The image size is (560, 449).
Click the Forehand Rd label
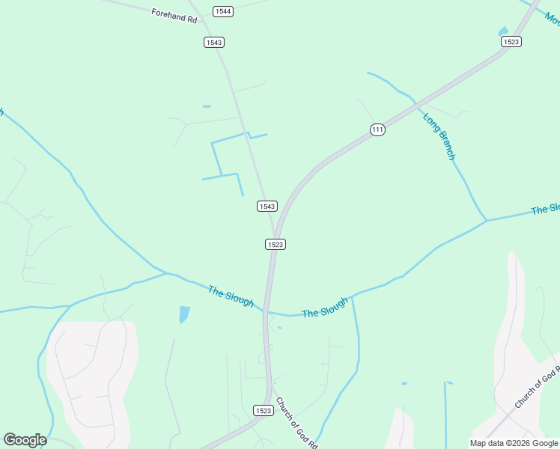pyautogui.click(x=174, y=14)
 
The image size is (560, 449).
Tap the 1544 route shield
pyautogui.click(x=222, y=11)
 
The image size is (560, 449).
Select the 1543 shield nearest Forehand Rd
pyautogui.click(x=214, y=42)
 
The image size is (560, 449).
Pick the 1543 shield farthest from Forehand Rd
pyautogui.click(x=267, y=206)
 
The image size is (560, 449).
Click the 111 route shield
pyautogui.click(x=377, y=129)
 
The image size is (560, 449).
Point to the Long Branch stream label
pyautogui.click(x=439, y=135)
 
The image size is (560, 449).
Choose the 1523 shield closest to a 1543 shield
pyautogui.click(x=276, y=244)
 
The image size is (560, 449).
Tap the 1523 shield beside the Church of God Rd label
pyautogui.click(x=263, y=410)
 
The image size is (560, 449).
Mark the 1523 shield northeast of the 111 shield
pyautogui.click(x=511, y=42)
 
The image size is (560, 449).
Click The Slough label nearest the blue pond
pyautogui.click(x=231, y=296)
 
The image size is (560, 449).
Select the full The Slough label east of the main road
pyautogui.click(x=325, y=307)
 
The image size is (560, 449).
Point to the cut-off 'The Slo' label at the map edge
pyautogui.click(x=545, y=210)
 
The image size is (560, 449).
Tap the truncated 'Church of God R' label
pyautogui.click(x=537, y=388)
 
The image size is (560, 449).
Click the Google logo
pyautogui.click(x=25, y=440)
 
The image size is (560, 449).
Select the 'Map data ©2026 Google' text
pyautogui.click(x=514, y=443)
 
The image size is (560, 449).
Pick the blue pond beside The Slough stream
pyautogui.click(x=184, y=314)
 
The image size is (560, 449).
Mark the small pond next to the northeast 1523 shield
pyautogui.click(x=503, y=31)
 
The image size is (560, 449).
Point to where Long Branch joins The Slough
pyautogui.click(x=486, y=221)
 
